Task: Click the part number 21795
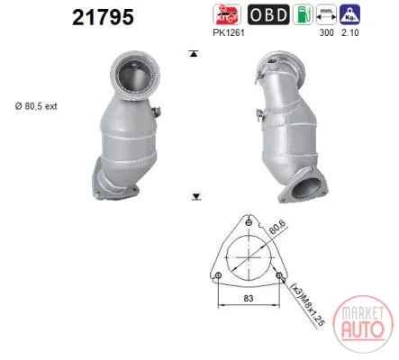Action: pos(103,17)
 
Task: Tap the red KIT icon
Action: pos(227,14)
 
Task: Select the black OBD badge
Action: pos(268,14)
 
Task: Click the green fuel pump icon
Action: pos(303,14)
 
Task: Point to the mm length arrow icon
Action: pos(326,14)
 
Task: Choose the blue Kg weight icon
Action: pos(349,14)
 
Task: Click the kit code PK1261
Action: pos(229,32)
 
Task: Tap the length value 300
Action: pos(326,32)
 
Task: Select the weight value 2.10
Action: pos(350,32)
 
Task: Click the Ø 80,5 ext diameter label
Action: pos(36,106)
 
